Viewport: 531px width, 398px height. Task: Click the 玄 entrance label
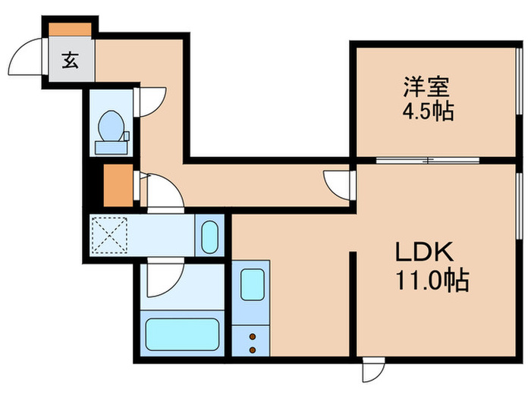[70, 61]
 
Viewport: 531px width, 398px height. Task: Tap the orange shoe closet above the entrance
[70, 29]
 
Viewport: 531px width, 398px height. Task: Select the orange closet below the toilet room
[118, 184]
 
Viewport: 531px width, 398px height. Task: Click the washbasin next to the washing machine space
[209, 237]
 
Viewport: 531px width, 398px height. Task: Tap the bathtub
[182, 334]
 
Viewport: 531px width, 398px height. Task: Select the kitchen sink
[252, 284]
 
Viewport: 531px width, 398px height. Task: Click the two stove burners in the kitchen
[252, 340]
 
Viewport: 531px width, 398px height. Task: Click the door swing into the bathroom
[163, 280]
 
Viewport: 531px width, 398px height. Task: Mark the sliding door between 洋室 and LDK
[429, 161]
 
